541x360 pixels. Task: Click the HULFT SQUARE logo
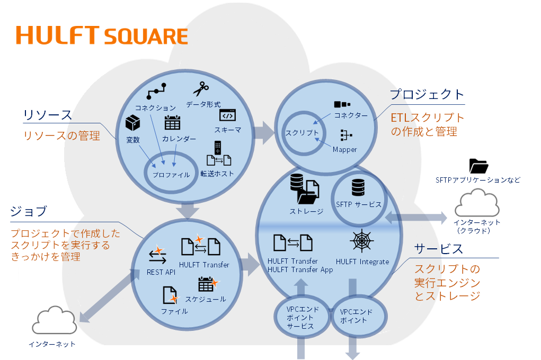coord(102,35)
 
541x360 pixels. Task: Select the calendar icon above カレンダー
coord(172,123)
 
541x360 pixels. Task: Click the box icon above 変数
coord(132,123)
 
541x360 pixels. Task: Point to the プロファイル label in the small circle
coord(171,174)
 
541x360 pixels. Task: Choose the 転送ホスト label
coord(217,174)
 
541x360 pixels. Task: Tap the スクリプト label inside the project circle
coord(302,132)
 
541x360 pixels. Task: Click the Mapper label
coord(344,149)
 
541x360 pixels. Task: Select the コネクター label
coord(350,115)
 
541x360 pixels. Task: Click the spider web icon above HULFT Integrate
coord(362,241)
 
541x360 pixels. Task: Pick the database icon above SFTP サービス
coord(359,187)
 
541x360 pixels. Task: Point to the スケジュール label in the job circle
coord(209,299)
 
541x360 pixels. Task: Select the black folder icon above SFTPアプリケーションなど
coord(478,166)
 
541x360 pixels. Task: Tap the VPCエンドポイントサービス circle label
coord(300,318)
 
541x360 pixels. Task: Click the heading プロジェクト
coord(427,95)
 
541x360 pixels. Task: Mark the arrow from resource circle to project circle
coord(264,133)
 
